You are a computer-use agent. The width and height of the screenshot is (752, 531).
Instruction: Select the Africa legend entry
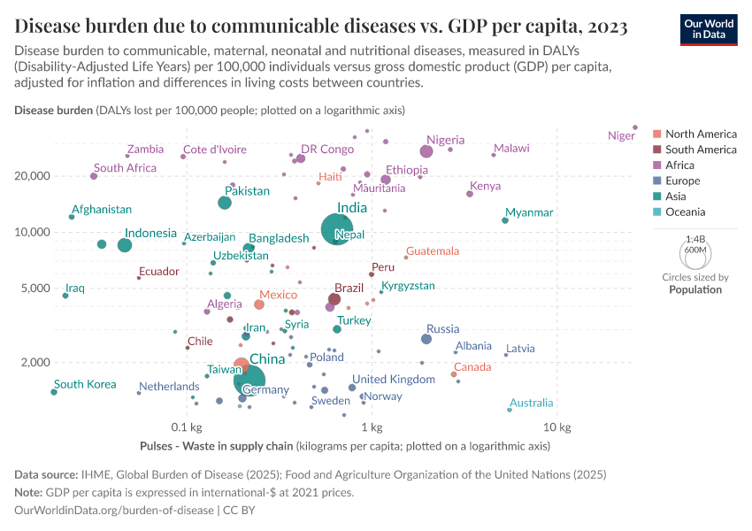tap(681, 165)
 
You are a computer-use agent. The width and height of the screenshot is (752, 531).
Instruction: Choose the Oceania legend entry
tap(686, 212)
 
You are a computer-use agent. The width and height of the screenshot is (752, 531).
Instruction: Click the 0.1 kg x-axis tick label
tap(186, 427)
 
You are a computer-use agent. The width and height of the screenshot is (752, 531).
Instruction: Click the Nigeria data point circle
tap(426, 151)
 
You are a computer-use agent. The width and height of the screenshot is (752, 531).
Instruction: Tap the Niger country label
tap(621, 136)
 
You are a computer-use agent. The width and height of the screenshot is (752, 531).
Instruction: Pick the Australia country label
tap(531, 404)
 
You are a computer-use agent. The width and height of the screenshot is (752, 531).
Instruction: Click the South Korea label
tap(85, 385)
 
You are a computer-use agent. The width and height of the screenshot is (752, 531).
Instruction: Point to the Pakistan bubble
tap(225, 203)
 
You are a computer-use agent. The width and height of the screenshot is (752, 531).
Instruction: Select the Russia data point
tap(426, 339)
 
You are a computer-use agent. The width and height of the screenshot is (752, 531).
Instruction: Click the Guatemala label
tap(433, 251)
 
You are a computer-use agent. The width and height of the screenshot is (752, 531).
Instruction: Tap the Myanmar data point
tap(505, 220)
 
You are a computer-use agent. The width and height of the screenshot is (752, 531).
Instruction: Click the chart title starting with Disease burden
tap(321, 25)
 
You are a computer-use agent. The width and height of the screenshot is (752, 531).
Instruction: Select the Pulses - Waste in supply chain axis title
tap(217, 446)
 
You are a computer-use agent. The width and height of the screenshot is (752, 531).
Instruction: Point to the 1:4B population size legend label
tap(695, 239)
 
